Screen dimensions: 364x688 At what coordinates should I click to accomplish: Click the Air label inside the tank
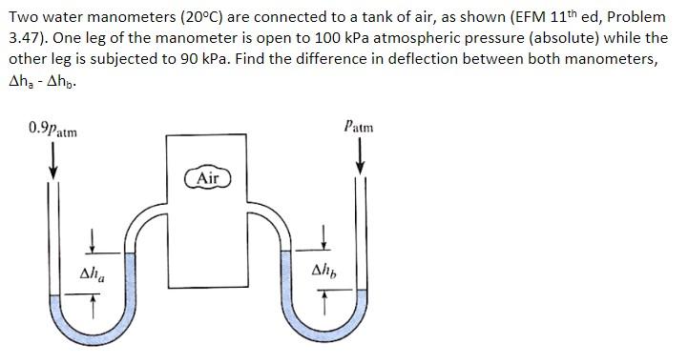click(x=208, y=178)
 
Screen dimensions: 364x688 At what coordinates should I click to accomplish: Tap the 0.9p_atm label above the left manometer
click(x=54, y=128)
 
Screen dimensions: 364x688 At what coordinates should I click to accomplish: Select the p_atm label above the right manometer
click(x=360, y=126)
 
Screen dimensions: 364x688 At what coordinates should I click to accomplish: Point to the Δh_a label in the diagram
click(x=93, y=274)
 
